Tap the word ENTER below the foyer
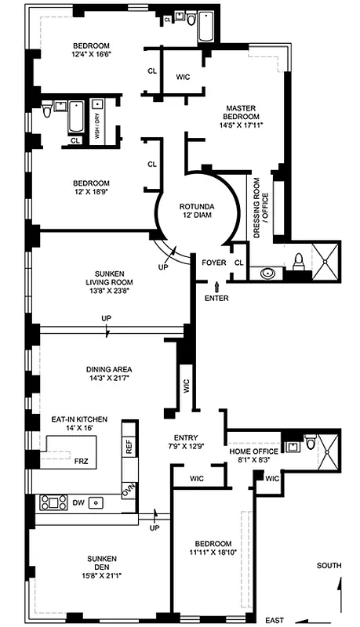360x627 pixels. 216,298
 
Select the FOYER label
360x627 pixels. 213,263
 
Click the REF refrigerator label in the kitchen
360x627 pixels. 129,447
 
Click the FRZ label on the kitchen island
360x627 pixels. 82,462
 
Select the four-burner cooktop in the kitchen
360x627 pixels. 53,502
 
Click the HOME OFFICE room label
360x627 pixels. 253,452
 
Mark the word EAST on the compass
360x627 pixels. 275,621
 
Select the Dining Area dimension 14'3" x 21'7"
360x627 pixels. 108,379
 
